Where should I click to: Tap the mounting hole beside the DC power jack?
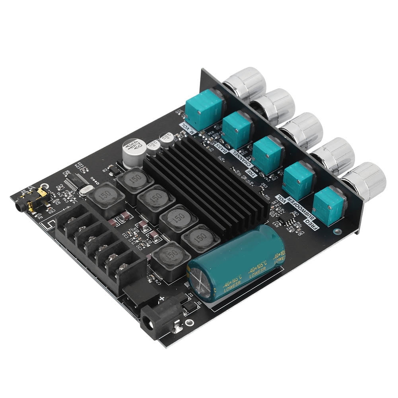[x=190, y=323]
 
